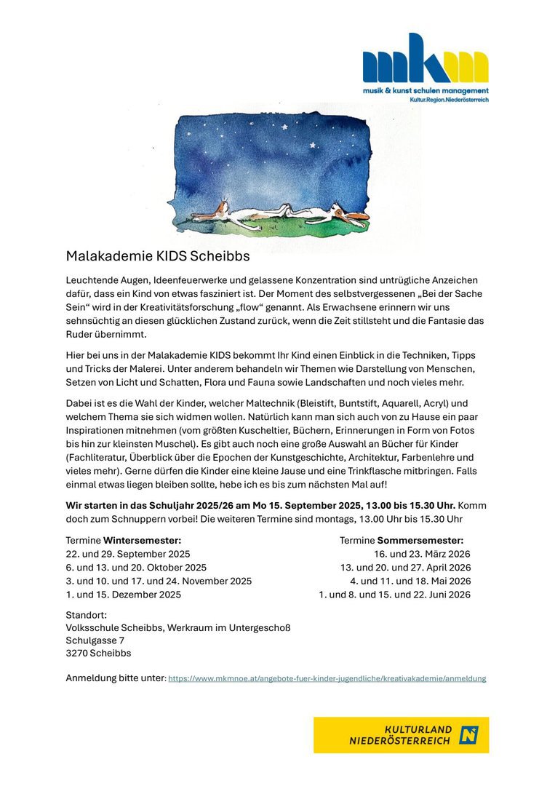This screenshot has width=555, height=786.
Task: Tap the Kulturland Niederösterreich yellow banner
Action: pos(401,735)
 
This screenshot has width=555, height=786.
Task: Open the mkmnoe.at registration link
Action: pos(327,678)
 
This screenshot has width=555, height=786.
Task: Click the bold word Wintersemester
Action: pos(142,540)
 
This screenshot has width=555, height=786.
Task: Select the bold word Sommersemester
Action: pos(420,540)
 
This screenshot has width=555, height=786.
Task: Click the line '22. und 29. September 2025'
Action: pos(127,554)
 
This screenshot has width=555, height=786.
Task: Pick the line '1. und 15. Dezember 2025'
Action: pos(123,594)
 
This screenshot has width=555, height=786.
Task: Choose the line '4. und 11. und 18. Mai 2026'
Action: pos(410,581)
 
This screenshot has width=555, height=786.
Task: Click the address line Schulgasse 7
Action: pos(95,640)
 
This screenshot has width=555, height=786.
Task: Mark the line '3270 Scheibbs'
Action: pos(98,653)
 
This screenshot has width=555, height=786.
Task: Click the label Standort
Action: pos(86,615)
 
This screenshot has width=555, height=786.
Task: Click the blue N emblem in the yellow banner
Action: pos(468,735)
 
